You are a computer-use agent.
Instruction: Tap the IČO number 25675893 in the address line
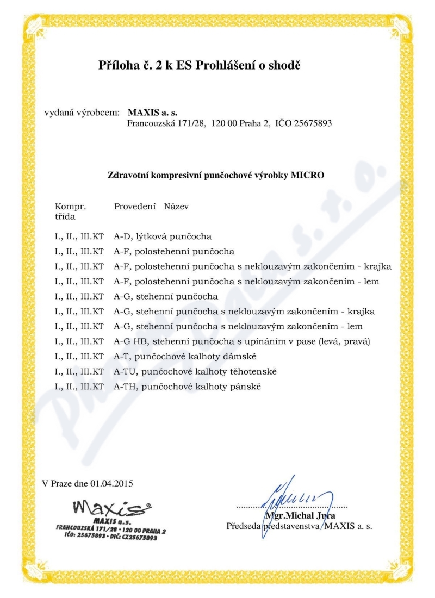[x=313, y=123]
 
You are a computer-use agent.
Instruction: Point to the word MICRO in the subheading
[x=308, y=175]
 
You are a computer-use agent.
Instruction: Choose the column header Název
[x=177, y=207]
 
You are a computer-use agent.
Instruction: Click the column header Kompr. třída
[x=71, y=211]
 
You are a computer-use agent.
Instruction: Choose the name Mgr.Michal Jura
[x=300, y=515]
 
